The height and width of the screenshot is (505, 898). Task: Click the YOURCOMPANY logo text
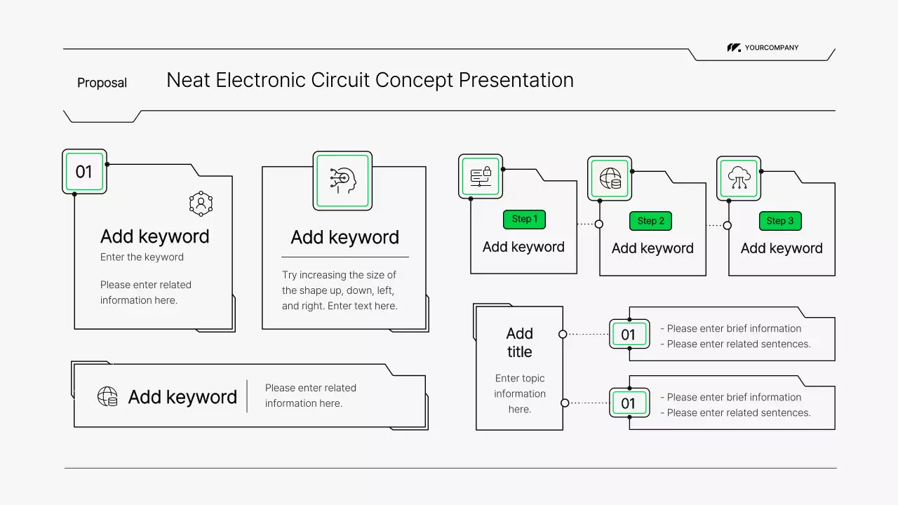(x=771, y=48)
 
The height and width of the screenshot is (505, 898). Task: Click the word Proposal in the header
(x=102, y=83)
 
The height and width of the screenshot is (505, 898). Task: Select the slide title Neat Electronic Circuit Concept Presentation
(x=370, y=80)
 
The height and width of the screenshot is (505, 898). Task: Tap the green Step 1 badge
(x=524, y=219)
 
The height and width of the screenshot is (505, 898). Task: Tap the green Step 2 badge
(x=651, y=220)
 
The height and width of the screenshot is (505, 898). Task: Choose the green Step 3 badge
(x=779, y=220)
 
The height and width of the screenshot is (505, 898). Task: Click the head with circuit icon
(x=342, y=180)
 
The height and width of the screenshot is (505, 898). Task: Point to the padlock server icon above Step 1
(x=481, y=176)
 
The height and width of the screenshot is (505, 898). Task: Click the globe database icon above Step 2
(x=610, y=178)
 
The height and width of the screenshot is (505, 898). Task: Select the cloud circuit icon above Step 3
(x=739, y=178)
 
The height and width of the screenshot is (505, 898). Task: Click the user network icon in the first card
(x=201, y=203)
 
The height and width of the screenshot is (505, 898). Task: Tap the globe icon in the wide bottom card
(x=107, y=397)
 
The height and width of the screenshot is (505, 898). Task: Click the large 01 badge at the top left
(x=84, y=172)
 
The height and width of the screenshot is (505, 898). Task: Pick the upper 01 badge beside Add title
(x=629, y=335)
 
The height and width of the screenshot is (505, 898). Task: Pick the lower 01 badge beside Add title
(x=629, y=403)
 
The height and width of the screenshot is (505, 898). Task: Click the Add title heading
(x=519, y=342)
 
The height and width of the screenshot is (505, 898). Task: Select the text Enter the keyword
(x=142, y=257)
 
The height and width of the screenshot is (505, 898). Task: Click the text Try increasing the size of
(x=339, y=275)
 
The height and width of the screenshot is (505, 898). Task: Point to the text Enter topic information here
(x=519, y=393)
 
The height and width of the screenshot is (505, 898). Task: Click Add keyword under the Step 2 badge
(x=652, y=248)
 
